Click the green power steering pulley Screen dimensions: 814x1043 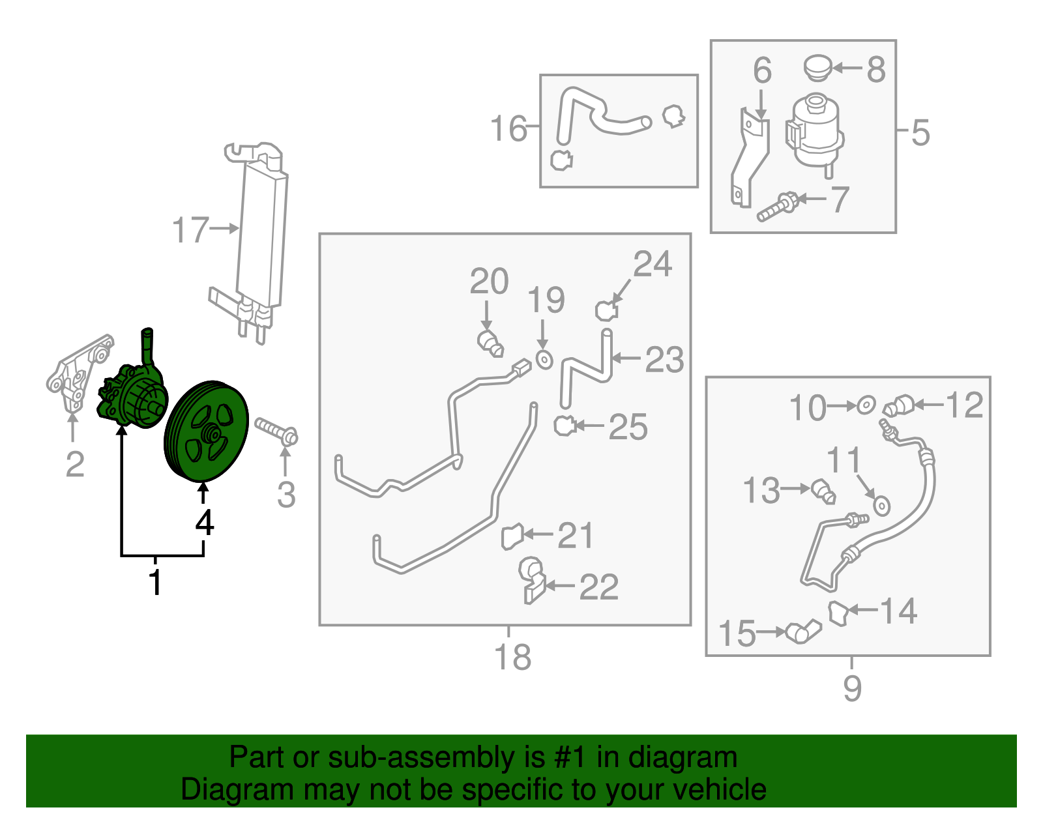[x=206, y=431]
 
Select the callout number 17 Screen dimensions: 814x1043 [x=190, y=231]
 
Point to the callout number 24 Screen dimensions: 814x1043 [x=652, y=264]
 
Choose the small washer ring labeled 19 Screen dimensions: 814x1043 [x=544, y=358]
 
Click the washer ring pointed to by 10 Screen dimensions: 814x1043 [x=866, y=405]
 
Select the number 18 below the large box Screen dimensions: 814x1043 [x=512, y=657]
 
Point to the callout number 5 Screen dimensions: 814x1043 [x=919, y=132]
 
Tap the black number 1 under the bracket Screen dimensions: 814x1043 [x=155, y=582]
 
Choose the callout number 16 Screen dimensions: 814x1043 [x=508, y=128]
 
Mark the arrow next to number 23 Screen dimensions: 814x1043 [x=626, y=358]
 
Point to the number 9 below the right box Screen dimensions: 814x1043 [x=852, y=688]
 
